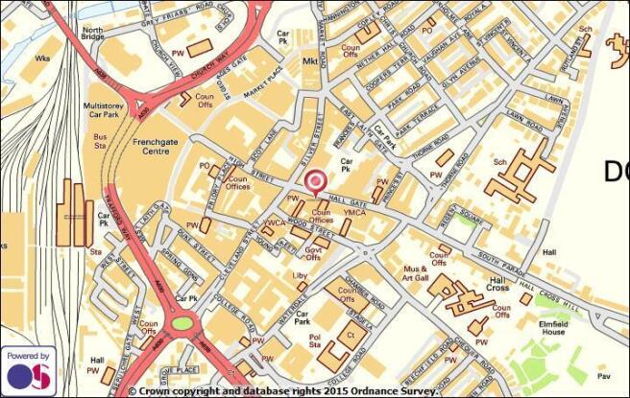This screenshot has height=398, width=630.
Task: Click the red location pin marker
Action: click(315, 181)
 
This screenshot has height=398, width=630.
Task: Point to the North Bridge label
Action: click(92, 35)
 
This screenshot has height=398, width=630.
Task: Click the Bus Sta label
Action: click(100, 141)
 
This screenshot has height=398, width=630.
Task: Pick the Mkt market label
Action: click(309, 61)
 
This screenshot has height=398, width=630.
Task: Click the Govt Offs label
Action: click(313, 253)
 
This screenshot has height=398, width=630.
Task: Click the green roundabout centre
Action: click(181, 322)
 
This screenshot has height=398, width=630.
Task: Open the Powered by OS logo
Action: click(27, 369)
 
